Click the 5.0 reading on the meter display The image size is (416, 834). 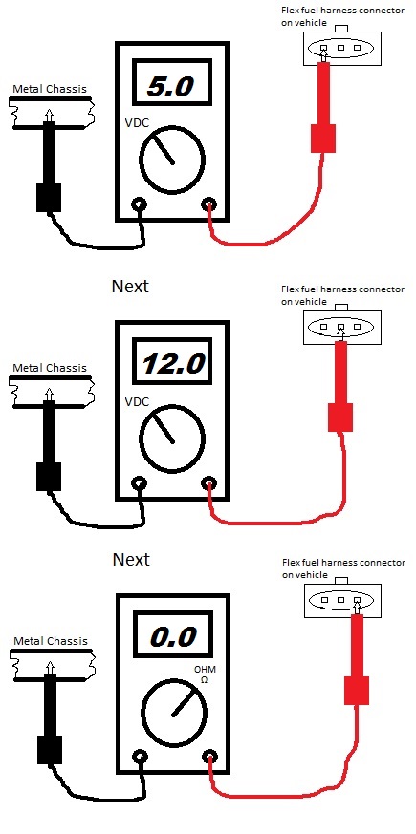click(170, 87)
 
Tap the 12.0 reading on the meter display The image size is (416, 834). click(174, 364)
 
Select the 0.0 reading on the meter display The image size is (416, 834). click(174, 636)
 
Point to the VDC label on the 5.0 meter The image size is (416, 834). click(137, 123)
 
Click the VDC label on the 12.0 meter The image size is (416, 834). click(137, 401)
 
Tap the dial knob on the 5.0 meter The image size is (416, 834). click(171, 160)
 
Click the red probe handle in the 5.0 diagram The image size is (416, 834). click(323, 139)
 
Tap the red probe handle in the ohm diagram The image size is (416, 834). click(357, 691)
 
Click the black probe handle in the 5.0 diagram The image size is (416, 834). click(49, 198)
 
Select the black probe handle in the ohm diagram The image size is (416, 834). click(50, 750)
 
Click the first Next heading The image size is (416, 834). click(130, 287)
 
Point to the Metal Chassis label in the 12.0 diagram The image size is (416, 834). click(49, 368)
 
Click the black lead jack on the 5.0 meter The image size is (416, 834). click(140, 204)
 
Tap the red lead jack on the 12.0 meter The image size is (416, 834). click(208, 483)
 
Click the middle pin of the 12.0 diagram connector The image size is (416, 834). click(341, 327)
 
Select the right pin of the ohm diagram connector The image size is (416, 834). click(358, 599)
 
